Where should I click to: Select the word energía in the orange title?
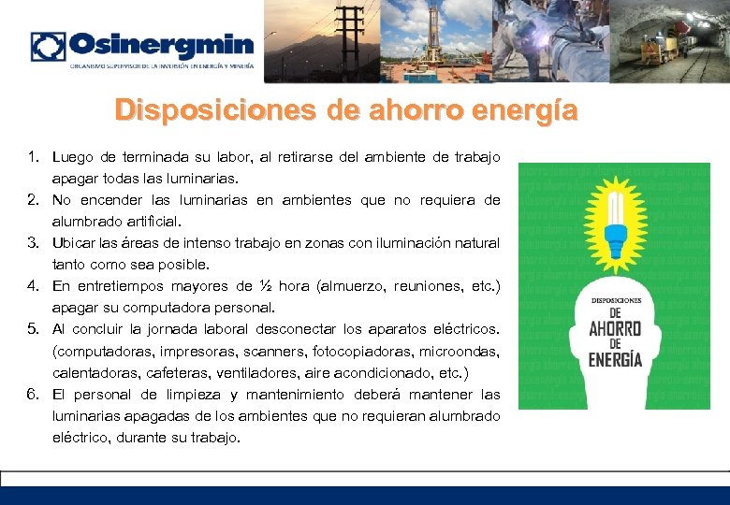click(x=528, y=110)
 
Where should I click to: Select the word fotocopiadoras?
click(x=355, y=352)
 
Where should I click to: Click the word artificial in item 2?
click(x=148, y=222)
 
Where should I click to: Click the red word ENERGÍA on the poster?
click(x=614, y=359)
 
